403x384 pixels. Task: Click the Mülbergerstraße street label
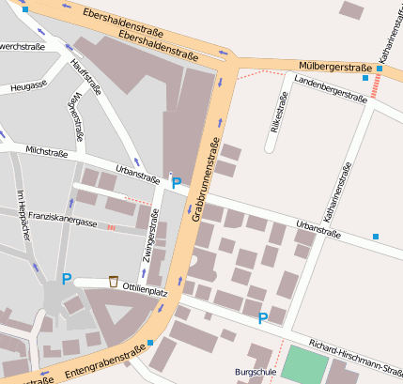click(x=333, y=68)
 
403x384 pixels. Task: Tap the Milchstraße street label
click(x=46, y=150)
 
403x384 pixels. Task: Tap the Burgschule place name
click(x=255, y=372)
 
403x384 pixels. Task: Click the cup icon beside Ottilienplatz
click(x=114, y=280)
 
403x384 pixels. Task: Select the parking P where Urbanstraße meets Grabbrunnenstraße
click(x=176, y=183)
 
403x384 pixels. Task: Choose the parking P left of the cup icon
click(x=66, y=279)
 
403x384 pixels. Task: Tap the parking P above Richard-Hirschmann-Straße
click(x=263, y=318)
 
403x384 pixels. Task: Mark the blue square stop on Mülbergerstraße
click(x=380, y=69)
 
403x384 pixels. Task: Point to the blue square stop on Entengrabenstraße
click(x=150, y=343)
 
